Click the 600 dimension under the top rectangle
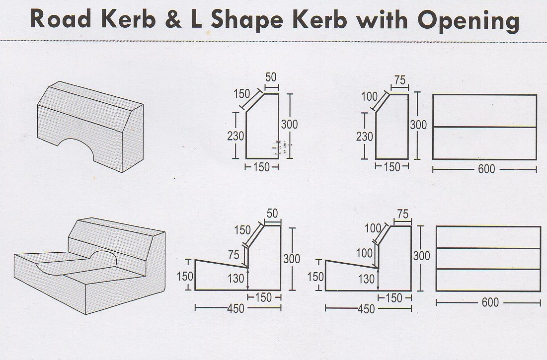(486, 169)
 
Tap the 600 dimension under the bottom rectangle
(490, 302)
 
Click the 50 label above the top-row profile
(271, 77)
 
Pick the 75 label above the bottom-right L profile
(402, 214)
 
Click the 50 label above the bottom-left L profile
(272, 214)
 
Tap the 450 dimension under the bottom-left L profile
(235, 309)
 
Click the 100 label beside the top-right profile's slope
(369, 96)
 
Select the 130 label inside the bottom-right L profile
(367, 279)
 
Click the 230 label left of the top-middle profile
(235, 136)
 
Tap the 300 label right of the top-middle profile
(289, 124)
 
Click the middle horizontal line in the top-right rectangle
(484, 127)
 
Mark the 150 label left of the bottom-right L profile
(316, 277)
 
